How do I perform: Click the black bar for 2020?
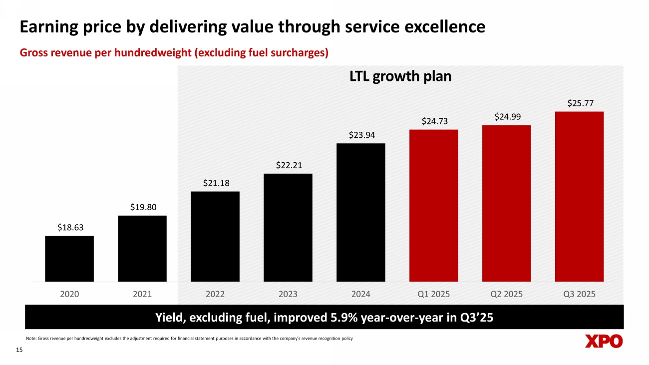69,259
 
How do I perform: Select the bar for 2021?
142,248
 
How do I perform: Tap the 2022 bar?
215,236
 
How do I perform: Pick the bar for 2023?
288,227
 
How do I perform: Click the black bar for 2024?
361,212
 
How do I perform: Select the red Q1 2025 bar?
434,205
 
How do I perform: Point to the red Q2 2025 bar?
507,203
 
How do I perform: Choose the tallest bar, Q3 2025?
580,196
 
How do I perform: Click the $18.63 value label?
69,227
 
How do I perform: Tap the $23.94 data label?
361,135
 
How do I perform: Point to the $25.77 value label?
580,103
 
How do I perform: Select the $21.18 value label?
215,183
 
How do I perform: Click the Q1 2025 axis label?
434,294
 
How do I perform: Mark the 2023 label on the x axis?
288,294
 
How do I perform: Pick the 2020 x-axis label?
69,294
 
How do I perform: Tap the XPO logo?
604,342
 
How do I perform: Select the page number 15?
20,351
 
